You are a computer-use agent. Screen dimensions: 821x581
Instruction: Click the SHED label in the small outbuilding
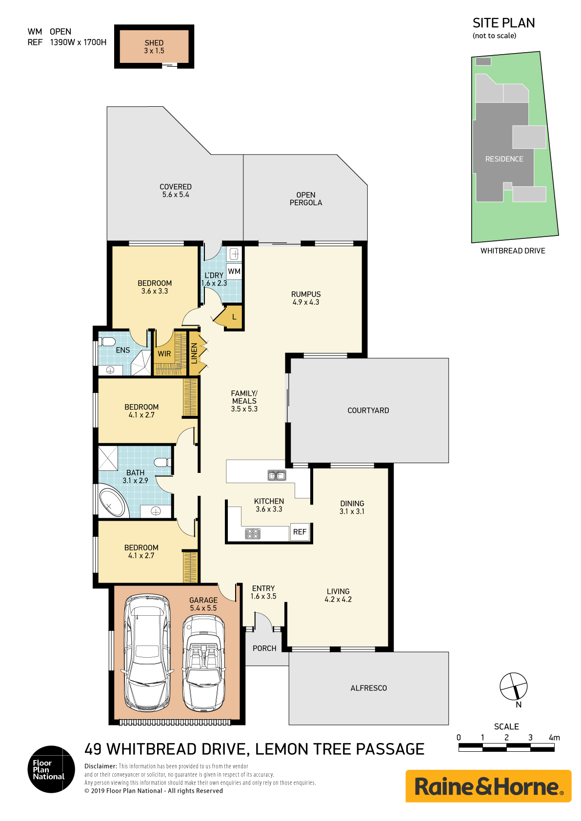154,43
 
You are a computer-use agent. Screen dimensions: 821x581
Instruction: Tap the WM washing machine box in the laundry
234,272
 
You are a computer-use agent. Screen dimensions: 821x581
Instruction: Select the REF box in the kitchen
300,532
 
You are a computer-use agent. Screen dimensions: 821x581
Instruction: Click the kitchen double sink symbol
277,475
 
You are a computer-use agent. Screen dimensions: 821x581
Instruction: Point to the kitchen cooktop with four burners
252,534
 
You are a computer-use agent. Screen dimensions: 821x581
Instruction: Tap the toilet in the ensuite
107,341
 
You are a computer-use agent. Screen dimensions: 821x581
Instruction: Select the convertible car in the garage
203,663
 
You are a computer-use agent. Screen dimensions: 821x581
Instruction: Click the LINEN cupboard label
194,353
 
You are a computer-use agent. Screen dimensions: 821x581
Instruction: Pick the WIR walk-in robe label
164,354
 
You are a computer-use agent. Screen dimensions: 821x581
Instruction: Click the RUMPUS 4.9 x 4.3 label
306,298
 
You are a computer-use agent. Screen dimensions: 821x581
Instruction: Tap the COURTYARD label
368,410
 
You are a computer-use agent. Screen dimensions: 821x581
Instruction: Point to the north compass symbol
514,686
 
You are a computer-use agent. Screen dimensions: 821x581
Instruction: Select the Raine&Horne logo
488,786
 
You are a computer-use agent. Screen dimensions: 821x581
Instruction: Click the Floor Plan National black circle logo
51,769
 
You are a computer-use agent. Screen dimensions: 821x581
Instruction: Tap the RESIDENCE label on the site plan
504,159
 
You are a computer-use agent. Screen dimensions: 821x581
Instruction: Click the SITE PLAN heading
503,23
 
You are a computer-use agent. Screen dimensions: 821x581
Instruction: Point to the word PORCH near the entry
264,648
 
